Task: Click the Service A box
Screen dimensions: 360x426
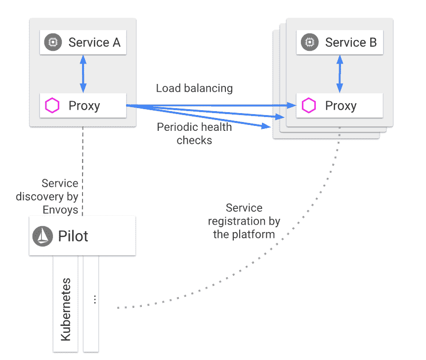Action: tap(83, 42)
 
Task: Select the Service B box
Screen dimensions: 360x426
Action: tap(339, 42)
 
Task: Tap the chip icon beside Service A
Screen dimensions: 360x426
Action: tap(52, 42)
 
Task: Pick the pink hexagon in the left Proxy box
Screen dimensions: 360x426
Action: tap(52, 106)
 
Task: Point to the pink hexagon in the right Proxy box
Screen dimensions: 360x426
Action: tap(309, 106)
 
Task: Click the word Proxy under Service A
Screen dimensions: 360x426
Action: tap(85, 106)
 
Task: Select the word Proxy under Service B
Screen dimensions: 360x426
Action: tap(341, 106)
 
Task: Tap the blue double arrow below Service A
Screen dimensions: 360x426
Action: tap(83, 74)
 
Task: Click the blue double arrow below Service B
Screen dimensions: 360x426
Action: tap(340, 74)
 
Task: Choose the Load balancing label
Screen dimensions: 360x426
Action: tap(194, 88)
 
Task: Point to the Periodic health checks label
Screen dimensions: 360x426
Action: tap(194, 134)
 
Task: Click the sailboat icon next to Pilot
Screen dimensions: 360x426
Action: tap(43, 236)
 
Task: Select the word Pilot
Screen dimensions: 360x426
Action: tap(73, 236)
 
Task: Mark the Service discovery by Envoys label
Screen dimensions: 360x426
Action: tap(47, 197)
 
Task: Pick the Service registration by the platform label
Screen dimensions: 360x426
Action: tap(244, 221)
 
